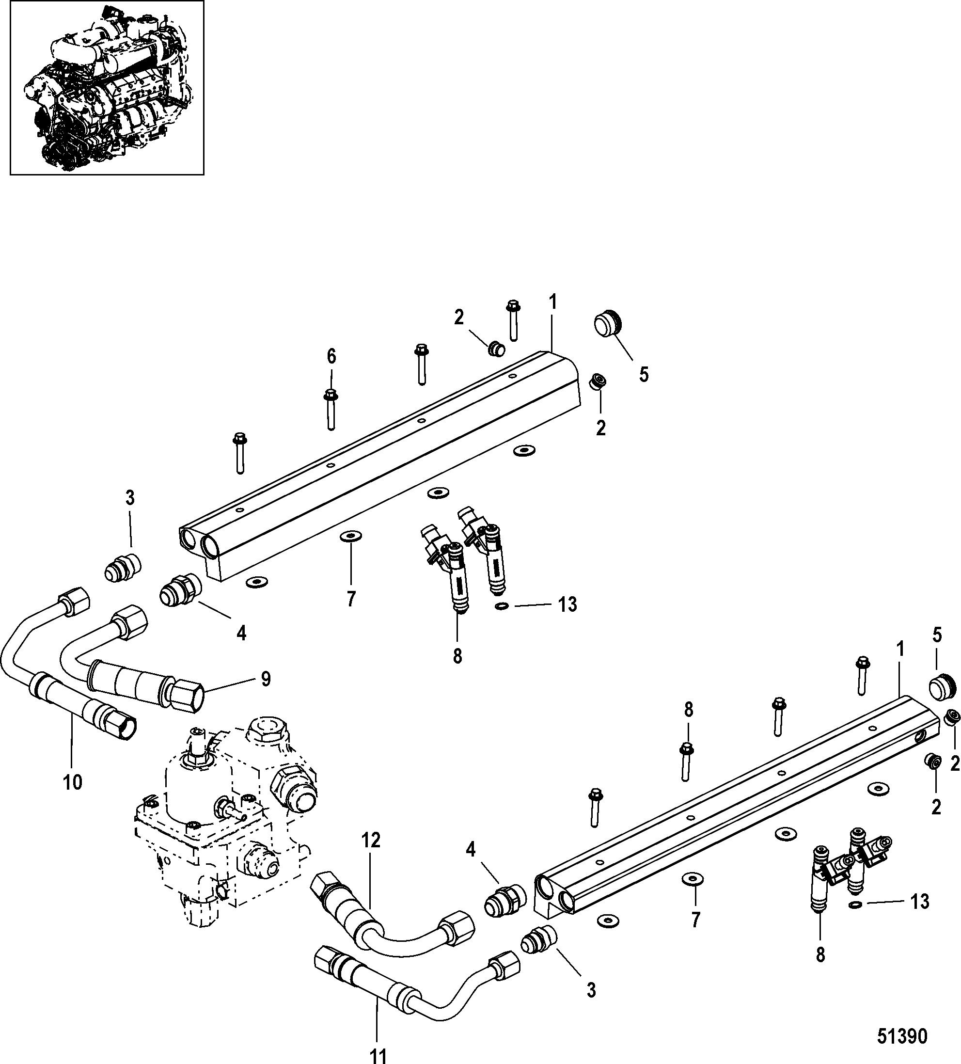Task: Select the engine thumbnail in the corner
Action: click(107, 88)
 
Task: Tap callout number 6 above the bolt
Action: click(331, 357)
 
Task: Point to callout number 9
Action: click(265, 679)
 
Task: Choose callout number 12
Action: click(371, 840)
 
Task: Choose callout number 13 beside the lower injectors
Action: click(919, 902)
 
